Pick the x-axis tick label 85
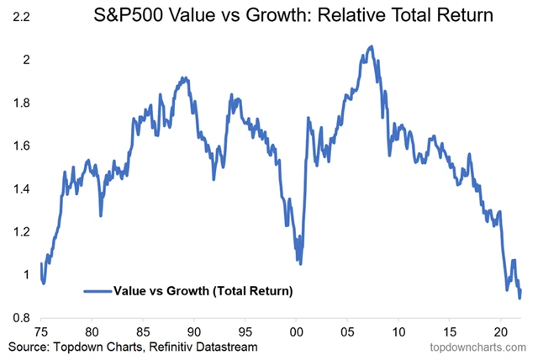coord(144,331)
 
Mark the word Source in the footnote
coord(28,347)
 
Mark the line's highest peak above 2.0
coord(372,46)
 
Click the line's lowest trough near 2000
coord(299,263)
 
